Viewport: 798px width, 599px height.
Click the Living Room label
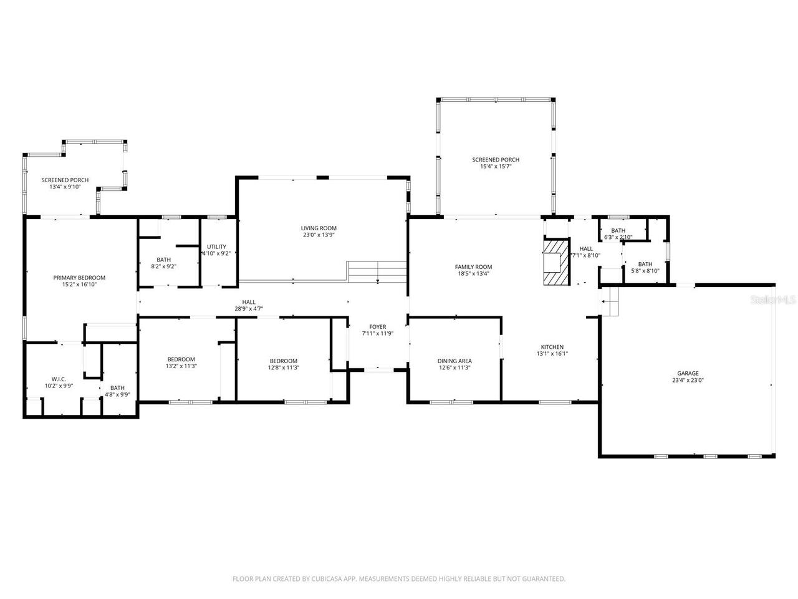point(319,228)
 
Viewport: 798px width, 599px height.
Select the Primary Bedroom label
point(79,278)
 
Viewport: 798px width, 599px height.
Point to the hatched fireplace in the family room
point(555,262)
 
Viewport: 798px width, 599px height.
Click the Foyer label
point(377,327)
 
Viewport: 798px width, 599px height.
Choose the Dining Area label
point(454,361)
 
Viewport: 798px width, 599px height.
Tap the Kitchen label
point(552,347)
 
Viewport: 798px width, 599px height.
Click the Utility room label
point(216,246)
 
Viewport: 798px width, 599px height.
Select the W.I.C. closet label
point(59,379)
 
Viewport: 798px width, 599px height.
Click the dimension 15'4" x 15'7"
point(496,167)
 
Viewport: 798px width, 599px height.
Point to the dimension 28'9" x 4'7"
point(249,308)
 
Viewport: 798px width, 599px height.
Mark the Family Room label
point(473,266)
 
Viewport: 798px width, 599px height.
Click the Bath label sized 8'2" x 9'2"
point(163,260)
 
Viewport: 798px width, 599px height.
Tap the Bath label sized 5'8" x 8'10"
point(645,264)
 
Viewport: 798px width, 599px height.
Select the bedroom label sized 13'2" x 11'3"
point(181,359)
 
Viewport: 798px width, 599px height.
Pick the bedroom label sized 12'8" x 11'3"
point(283,361)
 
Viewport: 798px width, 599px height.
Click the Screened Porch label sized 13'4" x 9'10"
point(65,180)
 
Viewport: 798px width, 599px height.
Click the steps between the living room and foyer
point(377,272)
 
